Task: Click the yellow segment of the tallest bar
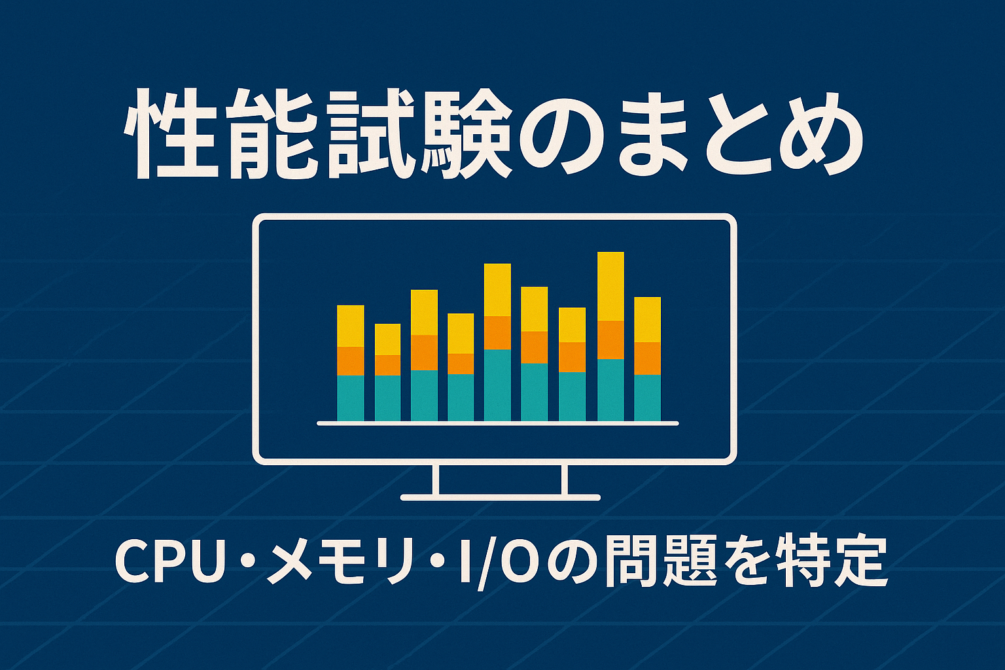pos(610,287)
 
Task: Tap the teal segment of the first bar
pos(351,398)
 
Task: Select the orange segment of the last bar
pos(647,359)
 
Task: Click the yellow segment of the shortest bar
pos(387,340)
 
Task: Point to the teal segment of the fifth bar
pos(497,385)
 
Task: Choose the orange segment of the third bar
pos(425,353)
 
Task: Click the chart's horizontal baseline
pos(498,423)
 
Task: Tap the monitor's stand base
pos(501,497)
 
